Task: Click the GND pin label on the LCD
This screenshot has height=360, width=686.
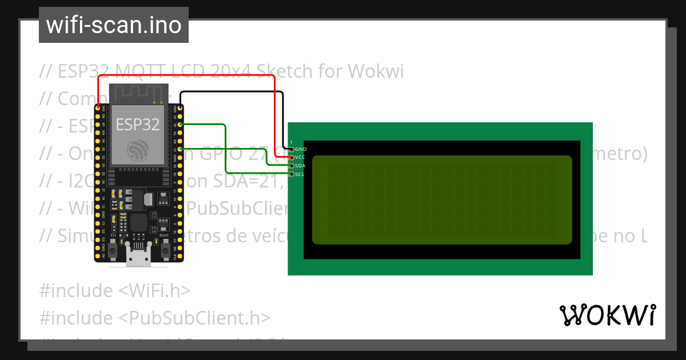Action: (x=301, y=149)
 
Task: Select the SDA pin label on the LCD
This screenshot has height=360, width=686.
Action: (x=301, y=166)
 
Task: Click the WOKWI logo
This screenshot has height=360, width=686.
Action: (x=607, y=315)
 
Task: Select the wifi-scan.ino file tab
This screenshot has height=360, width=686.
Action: (x=113, y=25)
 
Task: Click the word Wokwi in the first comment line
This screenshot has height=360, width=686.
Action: (x=376, y=71)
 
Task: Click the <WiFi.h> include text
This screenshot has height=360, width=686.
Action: (x=154, y=290)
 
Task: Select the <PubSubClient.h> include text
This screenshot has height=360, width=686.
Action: (x=194, y=317)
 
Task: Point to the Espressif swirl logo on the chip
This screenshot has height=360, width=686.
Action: (x=138, y=149)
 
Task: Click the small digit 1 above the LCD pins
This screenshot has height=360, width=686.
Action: (x=291, y=142)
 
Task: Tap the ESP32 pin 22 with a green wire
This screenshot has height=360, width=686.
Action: (x=180, y=124)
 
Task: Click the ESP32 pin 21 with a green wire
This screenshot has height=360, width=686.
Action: (x=180, y=149)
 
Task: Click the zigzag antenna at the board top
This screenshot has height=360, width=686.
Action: (x=138, y=92)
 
